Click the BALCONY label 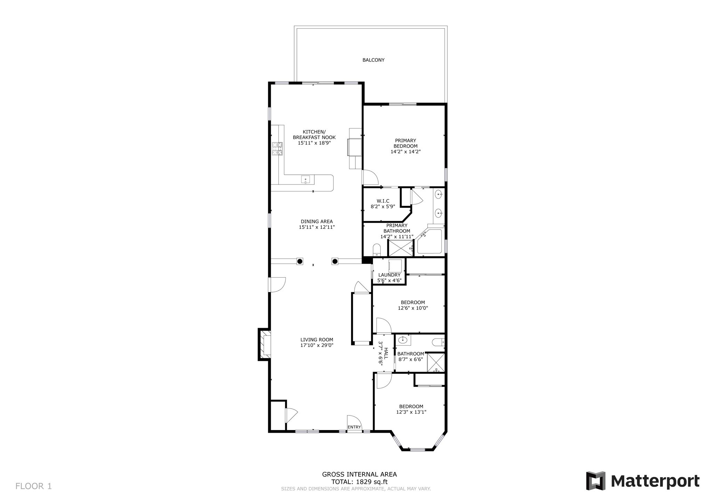coord(373,60)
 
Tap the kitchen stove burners coord(277,149)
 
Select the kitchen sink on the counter coord(62,179)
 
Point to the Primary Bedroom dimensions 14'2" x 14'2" coord(405,152)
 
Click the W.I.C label coord(383,201)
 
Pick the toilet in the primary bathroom coord(377,250)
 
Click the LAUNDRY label coord(389,275)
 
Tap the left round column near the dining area coord(300,261)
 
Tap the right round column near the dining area coord(335,261)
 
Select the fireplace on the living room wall coord(264,344)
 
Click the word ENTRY coord(354,427)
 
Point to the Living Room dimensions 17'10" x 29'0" coord(317,345)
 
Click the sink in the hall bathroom coord(404,340)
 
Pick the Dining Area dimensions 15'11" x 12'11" coord(317,227)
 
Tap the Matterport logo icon coord(596,481)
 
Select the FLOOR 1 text coord(33,486)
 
